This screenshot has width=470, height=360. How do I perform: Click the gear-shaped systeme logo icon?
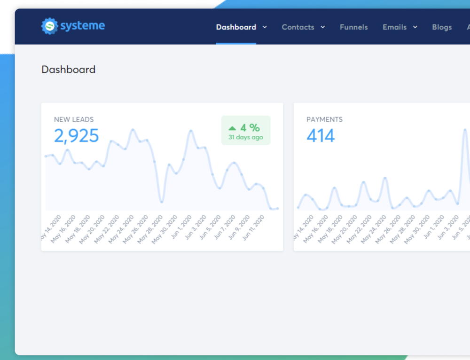[49, 26]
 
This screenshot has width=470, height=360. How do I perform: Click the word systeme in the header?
[82, 26]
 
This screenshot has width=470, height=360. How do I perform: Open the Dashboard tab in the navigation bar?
[236, 27]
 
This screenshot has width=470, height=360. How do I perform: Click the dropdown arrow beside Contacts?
[323, 27]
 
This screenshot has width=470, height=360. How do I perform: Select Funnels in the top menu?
[353, 27]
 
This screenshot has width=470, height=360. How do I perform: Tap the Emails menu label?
[394, 27]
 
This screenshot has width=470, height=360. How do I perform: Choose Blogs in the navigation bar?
[442, 27]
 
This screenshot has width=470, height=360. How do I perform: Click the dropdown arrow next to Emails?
[415, 27]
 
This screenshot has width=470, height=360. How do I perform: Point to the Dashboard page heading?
[68, 70]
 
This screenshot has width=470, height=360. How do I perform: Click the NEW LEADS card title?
[73, 119]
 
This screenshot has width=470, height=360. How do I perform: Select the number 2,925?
[76, 136]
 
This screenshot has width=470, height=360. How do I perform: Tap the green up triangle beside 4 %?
[232, 128]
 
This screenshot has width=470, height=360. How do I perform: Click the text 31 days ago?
[245, 138]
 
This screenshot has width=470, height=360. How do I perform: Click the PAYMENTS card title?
[324, 119]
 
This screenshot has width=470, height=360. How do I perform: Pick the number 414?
[321, 136]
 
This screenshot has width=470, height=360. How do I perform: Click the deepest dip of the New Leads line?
[162, 202]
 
